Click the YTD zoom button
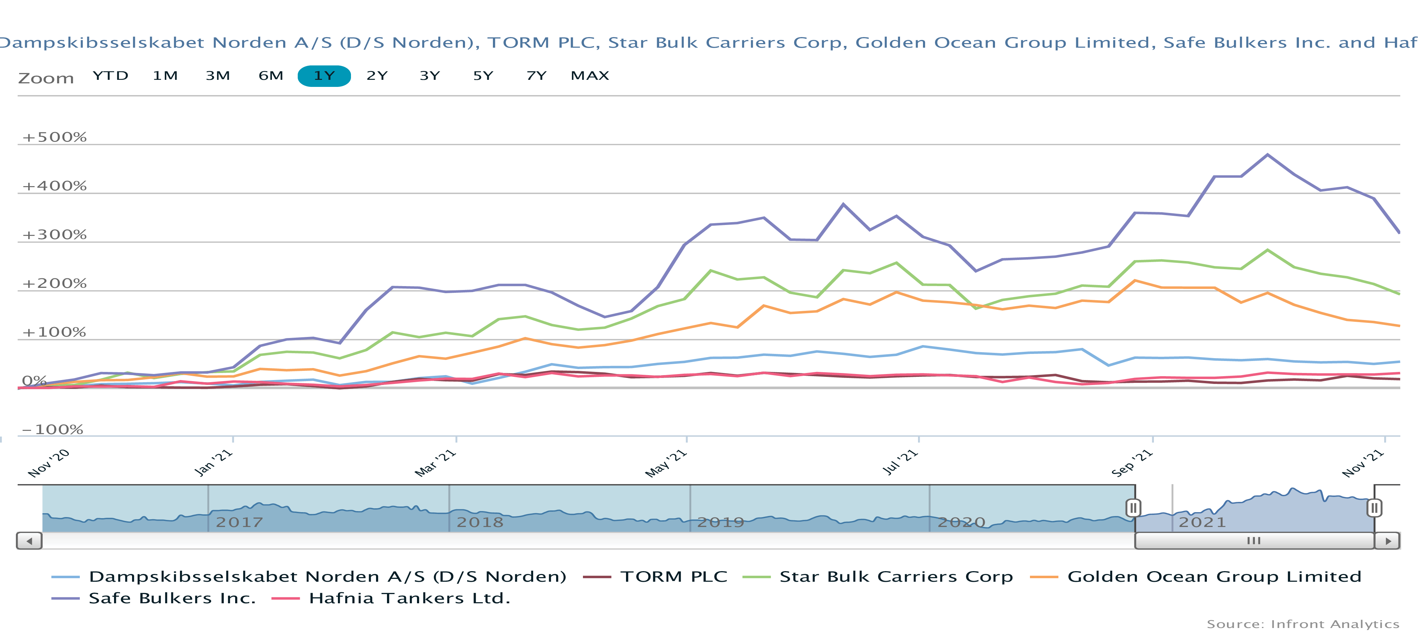(x=110, y=76)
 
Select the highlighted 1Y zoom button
(x=324, y=76)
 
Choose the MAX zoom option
(x=590, y=76)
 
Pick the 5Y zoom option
(x=483, y=76)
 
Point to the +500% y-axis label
(x=54, y=137)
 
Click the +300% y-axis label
(x=54, y=234)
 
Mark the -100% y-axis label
(x=52, y=429)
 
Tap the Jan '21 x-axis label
(x=214, y=463)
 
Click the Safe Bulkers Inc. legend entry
(x=172, y=598)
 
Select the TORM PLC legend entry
(x=673, y=577)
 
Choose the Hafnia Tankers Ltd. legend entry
(x=409, y=598)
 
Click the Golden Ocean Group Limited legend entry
(x=1214, y=577)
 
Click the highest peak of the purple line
(x=1268, y=155)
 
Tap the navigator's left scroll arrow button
(x=29, y=541)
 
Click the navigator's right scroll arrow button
(x=1388, y=541)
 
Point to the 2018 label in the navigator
(x=480, y=522)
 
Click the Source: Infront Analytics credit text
(x=1303, y=624)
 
